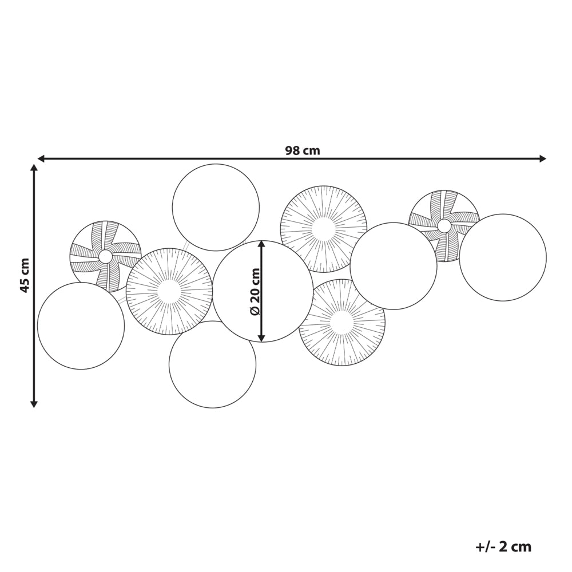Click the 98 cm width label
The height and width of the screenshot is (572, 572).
303,150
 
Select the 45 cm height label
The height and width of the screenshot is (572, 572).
25,275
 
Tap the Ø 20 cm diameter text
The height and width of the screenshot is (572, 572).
255,292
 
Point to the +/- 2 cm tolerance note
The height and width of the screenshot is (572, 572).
503,546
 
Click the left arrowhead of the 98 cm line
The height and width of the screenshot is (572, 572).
41,158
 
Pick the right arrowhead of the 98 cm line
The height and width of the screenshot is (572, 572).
543,158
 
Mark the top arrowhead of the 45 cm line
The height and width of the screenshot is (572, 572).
34,168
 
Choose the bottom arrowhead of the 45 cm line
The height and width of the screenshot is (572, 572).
34,404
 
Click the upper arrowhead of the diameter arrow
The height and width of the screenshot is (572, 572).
261,244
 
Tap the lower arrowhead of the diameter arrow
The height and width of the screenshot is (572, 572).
261,338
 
